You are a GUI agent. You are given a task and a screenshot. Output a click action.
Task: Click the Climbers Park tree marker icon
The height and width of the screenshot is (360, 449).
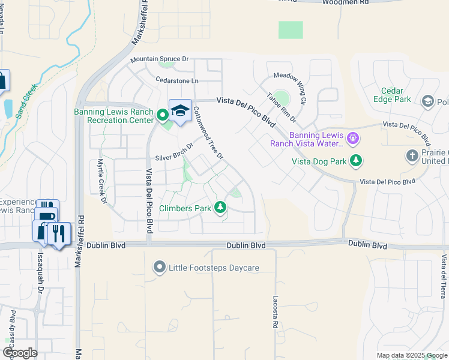(x=221, y=208)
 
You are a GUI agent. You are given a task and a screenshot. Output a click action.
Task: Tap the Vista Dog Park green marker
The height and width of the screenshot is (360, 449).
(x=357, y=161)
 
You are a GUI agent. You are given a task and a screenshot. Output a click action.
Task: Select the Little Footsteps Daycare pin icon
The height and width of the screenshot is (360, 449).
(x=159, y=266)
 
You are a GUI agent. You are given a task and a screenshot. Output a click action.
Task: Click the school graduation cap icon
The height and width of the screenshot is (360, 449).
(x=180, y=110)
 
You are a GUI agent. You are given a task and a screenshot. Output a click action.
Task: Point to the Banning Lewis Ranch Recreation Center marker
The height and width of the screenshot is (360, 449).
(x=161, y=114)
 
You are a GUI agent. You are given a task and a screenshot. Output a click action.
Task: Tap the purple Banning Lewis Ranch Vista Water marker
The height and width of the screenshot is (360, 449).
(x=352, y=139)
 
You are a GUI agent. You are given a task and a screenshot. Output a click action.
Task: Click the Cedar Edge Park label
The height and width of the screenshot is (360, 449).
(x=392, y=95)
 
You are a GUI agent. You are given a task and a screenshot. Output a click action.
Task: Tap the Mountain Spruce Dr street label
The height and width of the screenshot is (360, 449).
(x=160, y=59)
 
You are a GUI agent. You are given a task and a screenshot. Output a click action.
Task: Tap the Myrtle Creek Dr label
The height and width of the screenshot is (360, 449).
(x=101, y=181)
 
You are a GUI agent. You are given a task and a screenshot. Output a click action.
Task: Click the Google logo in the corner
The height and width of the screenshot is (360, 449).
(x=20, y=352)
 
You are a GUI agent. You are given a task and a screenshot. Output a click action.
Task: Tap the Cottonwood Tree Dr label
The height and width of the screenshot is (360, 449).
(x=208, y=133)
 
